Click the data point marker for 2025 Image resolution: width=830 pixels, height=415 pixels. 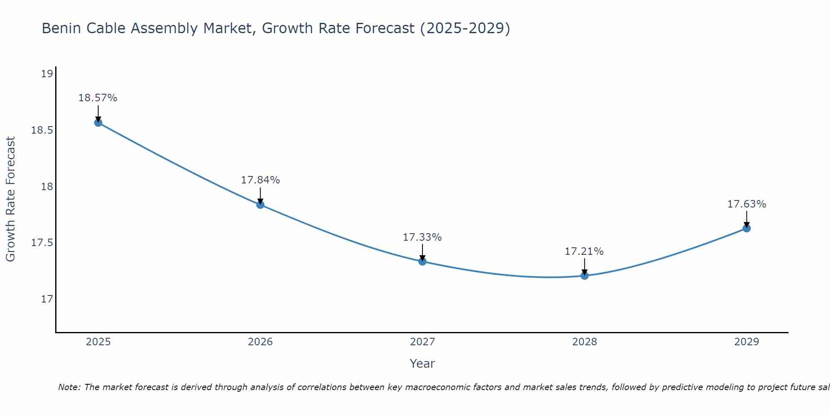[x=98, y=122]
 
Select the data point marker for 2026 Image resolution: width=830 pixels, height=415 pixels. [x=260, y=205]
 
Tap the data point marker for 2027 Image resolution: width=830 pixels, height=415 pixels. [x=422, y=261]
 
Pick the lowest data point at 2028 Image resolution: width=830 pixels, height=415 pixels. [x=584, y=276]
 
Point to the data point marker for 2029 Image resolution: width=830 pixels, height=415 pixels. [x=747, y=228]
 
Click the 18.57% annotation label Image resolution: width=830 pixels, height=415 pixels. [x=98, y=98]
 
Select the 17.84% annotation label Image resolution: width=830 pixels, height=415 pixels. [x=260, y=180]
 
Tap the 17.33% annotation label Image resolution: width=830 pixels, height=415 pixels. [x=422, y=237]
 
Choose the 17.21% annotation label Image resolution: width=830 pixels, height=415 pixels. [x=584, y=251]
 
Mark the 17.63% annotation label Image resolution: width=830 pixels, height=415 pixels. [x=747, y=204]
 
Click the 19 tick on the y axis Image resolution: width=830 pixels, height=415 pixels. [x=47, y=74]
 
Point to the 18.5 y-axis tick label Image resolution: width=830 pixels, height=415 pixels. [x=42, y=130]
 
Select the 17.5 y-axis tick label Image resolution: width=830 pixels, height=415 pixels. [x=42, y=243]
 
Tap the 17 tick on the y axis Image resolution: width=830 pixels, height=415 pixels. [x=47, y=299]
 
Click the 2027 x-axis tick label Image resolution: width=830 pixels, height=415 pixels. [x=422, y=342]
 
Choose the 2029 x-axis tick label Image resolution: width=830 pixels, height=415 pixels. [x=747, y=342]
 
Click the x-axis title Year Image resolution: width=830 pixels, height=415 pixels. [x=422, y=364]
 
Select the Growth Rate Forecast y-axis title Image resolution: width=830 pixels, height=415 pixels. [x=11, y=199]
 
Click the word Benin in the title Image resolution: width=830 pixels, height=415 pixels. [x=58, y=29]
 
